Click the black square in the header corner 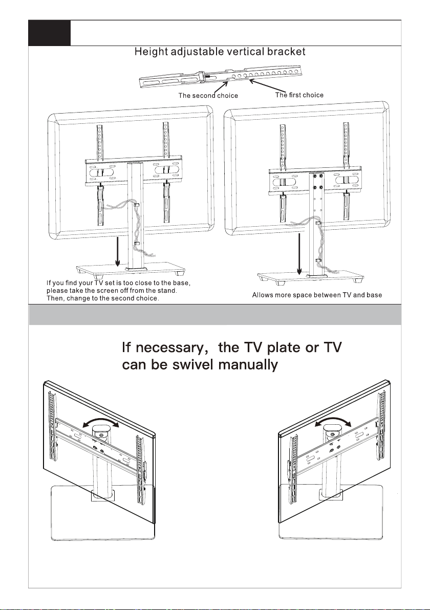coord(49,33)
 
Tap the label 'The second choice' coord(208,96)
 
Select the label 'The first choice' coord(299,95)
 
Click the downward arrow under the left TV coord(118,251)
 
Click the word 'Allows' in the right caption coord(264,295)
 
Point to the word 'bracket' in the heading coord(289,52)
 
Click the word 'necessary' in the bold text coord(169,350)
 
